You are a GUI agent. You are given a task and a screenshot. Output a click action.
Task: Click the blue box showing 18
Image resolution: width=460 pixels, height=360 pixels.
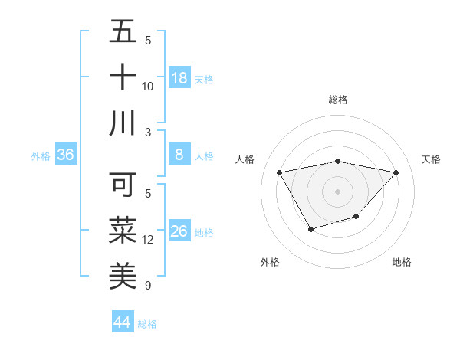click(179, 78)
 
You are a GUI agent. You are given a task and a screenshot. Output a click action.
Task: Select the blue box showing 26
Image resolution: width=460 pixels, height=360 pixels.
click(179, 231)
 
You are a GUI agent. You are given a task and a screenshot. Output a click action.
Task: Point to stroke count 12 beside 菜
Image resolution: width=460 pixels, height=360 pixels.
click(148, 241)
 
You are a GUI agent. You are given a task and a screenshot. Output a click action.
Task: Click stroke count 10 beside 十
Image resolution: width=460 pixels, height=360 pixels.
click(148, 87)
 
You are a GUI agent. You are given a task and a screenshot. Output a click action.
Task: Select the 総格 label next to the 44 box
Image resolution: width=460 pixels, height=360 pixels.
click(147, 324)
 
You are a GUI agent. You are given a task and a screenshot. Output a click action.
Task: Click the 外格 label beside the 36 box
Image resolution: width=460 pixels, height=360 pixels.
click(41, 156)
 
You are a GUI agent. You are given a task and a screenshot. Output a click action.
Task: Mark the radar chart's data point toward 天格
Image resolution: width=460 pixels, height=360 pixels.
click(396, 172)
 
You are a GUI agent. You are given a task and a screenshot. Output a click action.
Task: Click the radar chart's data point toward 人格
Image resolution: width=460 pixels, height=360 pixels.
click(280, 172)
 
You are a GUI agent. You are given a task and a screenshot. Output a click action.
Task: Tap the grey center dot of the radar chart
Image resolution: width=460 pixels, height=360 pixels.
click(337, 191)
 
